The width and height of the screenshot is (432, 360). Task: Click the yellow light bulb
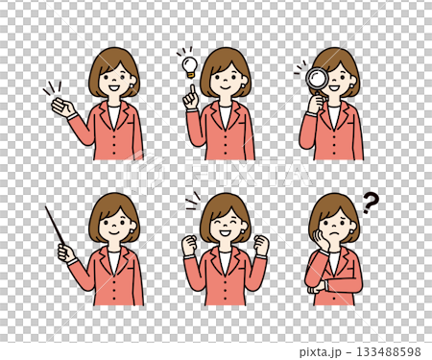point(190,65)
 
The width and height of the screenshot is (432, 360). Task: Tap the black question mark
point(371,202)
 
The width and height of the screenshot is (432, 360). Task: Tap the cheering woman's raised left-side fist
point(189,245)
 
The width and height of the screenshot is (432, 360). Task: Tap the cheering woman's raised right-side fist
point(261,244)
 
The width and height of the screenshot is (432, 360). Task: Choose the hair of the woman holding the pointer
point(113,205)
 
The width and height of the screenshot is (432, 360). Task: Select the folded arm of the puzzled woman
point(332,284)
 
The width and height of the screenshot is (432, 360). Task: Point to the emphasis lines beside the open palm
point(50,88)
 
